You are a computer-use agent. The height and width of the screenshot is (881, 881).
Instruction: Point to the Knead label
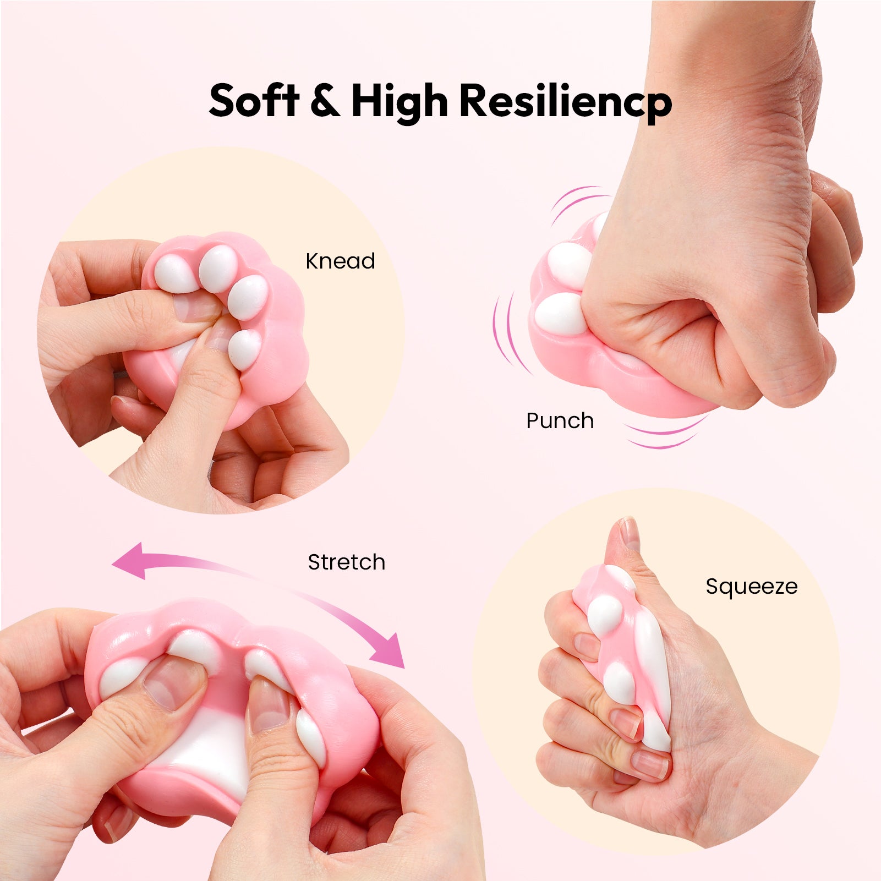(340, 261)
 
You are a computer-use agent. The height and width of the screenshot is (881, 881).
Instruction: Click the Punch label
(560, 421)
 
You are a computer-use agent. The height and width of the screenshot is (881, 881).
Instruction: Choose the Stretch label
(346, 562)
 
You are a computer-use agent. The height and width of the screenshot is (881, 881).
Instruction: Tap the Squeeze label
(751, 587)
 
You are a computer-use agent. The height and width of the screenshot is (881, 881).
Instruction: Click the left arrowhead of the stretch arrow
(129, 561)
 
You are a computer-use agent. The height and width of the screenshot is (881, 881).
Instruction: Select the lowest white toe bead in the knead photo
(244, 349)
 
